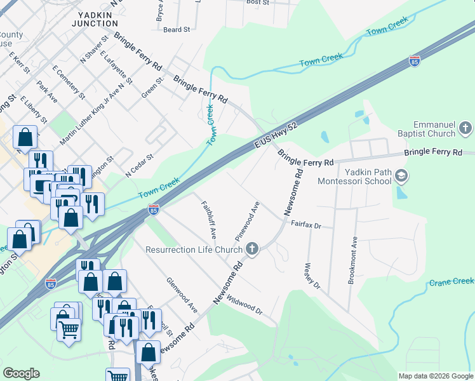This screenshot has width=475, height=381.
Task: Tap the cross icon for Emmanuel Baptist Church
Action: click(x=465, y=129)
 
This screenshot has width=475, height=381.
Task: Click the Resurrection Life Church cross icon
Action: click(x=253, y=249)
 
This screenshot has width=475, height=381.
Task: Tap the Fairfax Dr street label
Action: click(x=307, y=224)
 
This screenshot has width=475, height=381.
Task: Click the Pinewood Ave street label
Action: click(x=248, y=220)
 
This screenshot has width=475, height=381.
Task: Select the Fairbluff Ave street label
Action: click(x=209, y=219)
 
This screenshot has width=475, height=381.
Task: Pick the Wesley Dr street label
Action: click(x=313, y=276)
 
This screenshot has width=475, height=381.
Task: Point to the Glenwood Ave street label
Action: click(x=182, y=294)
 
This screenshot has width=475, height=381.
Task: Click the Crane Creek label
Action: click(x=452, y=281)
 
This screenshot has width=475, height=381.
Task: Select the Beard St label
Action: click(x=177, y=29)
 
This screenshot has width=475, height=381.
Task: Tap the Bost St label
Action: click(x=258, y=3)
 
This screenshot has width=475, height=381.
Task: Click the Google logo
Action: click(x=21, y=373)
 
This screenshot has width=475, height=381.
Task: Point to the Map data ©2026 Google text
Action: click(x=435, y=376)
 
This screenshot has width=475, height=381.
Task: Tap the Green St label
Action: click(x=149, y=87)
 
